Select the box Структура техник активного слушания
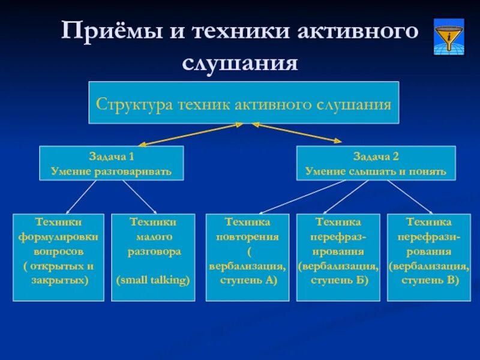point(244,103)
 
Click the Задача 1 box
point(111,163)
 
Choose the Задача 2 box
point(376,163)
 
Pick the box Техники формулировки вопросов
point(58,257)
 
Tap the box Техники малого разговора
point(153,257)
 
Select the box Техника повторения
point(248,257)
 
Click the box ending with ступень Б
point(338,257)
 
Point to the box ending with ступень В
point(428,257)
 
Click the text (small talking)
point(153,280)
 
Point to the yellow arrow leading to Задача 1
point(190,134)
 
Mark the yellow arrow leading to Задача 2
point(296,133)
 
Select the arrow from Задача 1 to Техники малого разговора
point(140,196)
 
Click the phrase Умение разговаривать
point(111,172)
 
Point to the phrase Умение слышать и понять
point(376,172)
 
